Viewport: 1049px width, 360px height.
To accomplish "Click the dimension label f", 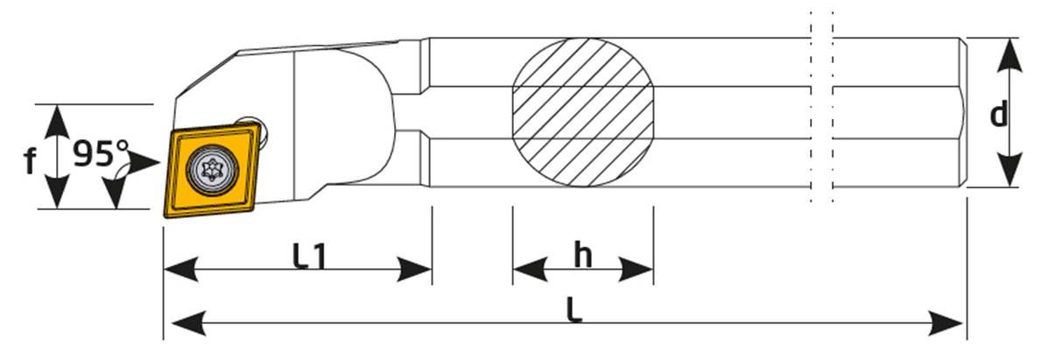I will [x=30, y=161].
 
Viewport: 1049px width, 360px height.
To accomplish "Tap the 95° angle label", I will [x=101, y=154].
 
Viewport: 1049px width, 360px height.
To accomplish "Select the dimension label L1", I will [x=308, y=256].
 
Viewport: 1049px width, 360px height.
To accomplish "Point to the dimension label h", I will [x=582, y=256].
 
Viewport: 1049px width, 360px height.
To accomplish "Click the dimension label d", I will [x=998, y=114].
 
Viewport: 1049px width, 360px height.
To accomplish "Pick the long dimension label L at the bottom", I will [x=574, y=310].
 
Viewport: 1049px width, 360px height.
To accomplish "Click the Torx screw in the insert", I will [x=212, y=170].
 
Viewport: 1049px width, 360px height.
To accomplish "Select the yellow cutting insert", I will [x=212, y=171].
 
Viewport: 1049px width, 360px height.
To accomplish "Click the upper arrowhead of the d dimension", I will [x=1010, y=54].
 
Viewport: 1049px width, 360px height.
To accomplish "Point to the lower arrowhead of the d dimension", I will [x=1010, y=170].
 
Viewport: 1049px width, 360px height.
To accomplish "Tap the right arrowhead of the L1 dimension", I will [x=415, y=270].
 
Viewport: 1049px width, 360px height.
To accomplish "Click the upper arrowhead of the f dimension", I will [x=58, y=119].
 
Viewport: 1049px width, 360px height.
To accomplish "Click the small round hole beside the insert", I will [x=255, y=127].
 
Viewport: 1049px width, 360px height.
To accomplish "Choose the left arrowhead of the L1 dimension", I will [x=181, y=270].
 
